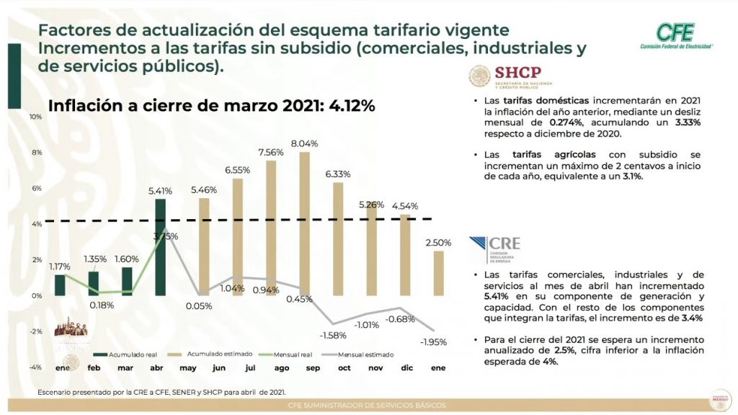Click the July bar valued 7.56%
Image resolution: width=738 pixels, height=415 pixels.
[271, 228]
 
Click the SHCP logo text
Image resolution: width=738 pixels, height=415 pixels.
[523, 73]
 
